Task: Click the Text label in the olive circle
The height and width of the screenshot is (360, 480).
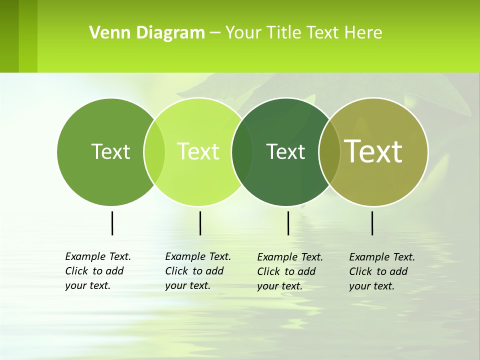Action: [x=373, y=151]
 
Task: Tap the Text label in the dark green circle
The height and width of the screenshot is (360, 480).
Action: [x=285, y=151]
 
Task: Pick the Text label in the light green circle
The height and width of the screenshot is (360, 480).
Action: [x=198, y=151]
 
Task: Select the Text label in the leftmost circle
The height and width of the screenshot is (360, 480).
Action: [x=110, y=151]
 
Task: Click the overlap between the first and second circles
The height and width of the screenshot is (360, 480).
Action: [x=154, y=151]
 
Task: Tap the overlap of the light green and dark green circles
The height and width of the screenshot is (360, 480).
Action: [x=242, y=151]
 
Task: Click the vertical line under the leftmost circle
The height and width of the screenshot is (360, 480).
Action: [x=112, y=223]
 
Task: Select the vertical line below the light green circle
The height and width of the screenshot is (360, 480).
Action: [x=200, y=223]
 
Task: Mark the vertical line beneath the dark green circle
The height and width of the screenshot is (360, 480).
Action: [x=288, y=223]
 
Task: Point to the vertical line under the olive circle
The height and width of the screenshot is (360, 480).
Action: [x=372, y=223]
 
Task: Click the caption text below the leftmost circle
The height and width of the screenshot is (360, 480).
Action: [x=97, y=271]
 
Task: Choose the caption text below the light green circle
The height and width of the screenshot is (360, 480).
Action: [x=197, y=271]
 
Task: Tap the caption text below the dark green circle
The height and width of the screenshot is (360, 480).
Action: [x=289, y=271]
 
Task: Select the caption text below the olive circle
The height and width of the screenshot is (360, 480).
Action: [x=381, y=271]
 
